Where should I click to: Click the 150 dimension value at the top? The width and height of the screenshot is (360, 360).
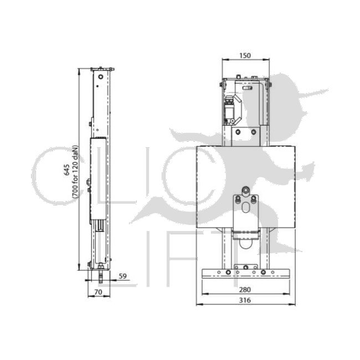tap(245, 55)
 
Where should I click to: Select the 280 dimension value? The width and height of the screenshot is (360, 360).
tap(245, 289)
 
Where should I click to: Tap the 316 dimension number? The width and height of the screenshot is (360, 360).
tap(245, 300)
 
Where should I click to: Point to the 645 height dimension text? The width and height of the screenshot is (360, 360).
tap(67, 169)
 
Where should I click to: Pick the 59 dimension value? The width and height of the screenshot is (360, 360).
tap(122, 275)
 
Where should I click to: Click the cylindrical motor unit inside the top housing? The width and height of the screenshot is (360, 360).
tap(229, 107)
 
